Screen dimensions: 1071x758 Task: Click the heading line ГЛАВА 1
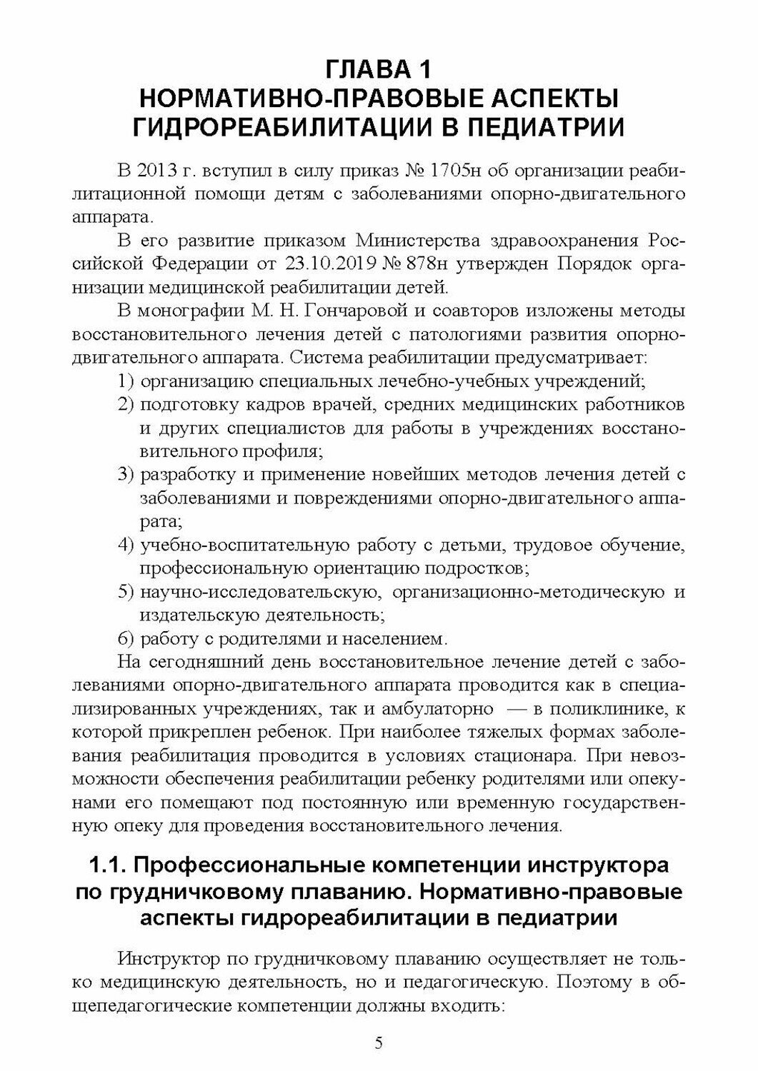379,69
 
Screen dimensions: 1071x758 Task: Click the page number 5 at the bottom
379,1044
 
